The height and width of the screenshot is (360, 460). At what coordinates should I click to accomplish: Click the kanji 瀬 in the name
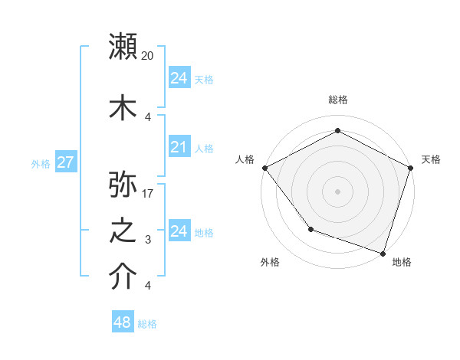123,46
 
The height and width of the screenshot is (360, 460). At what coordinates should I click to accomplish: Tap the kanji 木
123,106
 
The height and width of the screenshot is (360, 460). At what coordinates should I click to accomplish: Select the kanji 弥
123,184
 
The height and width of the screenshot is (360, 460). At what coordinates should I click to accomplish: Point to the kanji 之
123,231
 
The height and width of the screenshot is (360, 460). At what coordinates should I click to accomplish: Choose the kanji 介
123,277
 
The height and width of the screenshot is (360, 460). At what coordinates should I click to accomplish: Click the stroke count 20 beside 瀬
148,56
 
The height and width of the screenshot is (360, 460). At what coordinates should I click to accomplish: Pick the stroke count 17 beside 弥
148,194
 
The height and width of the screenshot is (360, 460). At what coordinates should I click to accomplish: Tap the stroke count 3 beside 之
148,240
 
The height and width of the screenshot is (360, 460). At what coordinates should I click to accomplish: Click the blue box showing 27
65,162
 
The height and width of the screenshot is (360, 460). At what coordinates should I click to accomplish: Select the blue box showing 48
122,322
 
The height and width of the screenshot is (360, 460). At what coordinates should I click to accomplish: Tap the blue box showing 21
179,147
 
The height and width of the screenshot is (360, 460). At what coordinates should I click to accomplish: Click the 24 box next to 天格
179,78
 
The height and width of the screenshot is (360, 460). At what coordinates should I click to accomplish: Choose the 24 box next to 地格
179,231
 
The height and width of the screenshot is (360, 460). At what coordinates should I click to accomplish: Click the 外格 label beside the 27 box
41,163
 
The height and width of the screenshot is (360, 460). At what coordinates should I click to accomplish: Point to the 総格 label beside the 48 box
147,324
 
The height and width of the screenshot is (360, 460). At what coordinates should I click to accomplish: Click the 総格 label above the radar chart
337,100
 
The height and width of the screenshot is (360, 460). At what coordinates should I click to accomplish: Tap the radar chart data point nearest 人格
264,167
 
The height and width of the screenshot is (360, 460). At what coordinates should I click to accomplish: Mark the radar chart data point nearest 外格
310,228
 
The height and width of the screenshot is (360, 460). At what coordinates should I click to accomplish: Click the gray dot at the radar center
337,191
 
